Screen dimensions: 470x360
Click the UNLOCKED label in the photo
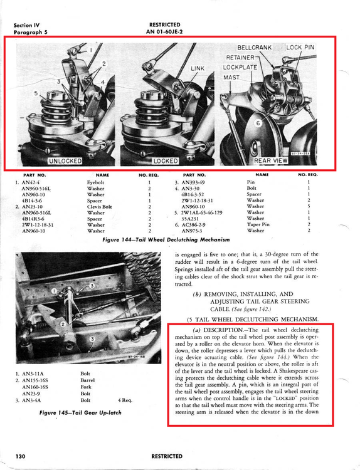coord(65,161)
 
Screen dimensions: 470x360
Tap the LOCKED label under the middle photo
coord(166,161)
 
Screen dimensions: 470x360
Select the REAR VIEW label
coord(271,161)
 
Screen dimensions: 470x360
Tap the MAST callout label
coord(231,78)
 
